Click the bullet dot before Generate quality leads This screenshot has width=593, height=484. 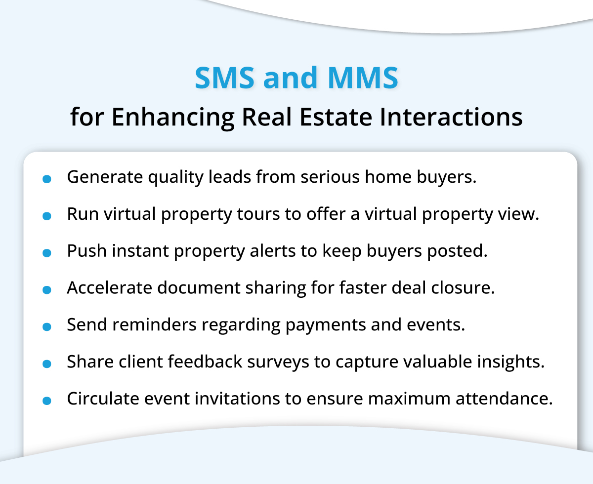pos(47,179)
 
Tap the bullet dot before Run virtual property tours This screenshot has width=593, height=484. pos(47,216)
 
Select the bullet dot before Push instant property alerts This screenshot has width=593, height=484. pos(47,253)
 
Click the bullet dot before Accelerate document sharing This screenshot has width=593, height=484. pos(47,290)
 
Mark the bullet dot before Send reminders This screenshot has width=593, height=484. pos(47,327)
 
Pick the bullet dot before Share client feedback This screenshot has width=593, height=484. pos(47,364)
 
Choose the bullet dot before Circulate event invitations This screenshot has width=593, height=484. pos(47,401)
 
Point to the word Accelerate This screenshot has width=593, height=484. pos(107,288)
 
